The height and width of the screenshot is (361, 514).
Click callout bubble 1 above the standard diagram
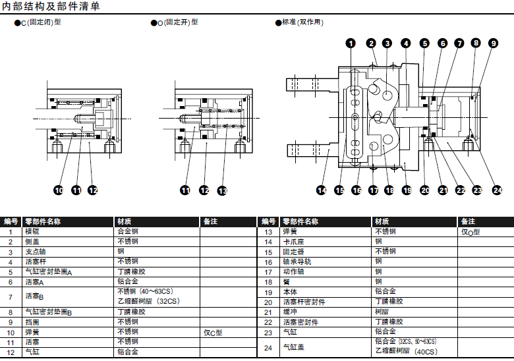coord(351,43)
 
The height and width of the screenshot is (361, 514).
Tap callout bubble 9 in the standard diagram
coord(494,43)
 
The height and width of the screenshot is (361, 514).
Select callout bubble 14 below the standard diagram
coord(321,190)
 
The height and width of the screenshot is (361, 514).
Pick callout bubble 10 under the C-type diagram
coord(58,190)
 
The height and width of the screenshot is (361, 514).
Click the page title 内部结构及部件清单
coord(51,7)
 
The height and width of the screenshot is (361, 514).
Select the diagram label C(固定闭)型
coord(42,22)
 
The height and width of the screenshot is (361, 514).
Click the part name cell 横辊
coord(32,232)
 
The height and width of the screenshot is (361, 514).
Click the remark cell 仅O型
coord(471,232)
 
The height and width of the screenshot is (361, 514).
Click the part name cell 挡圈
coord(32,322)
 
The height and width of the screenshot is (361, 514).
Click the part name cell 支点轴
coord(36,252)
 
